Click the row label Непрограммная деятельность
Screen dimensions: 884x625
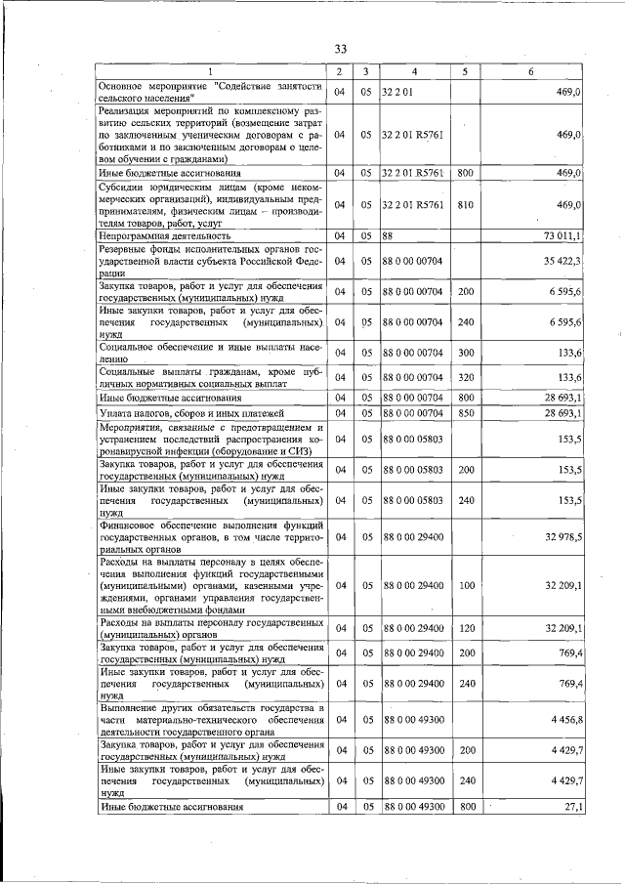(165, 235)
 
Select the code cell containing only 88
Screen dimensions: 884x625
(388, 235)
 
